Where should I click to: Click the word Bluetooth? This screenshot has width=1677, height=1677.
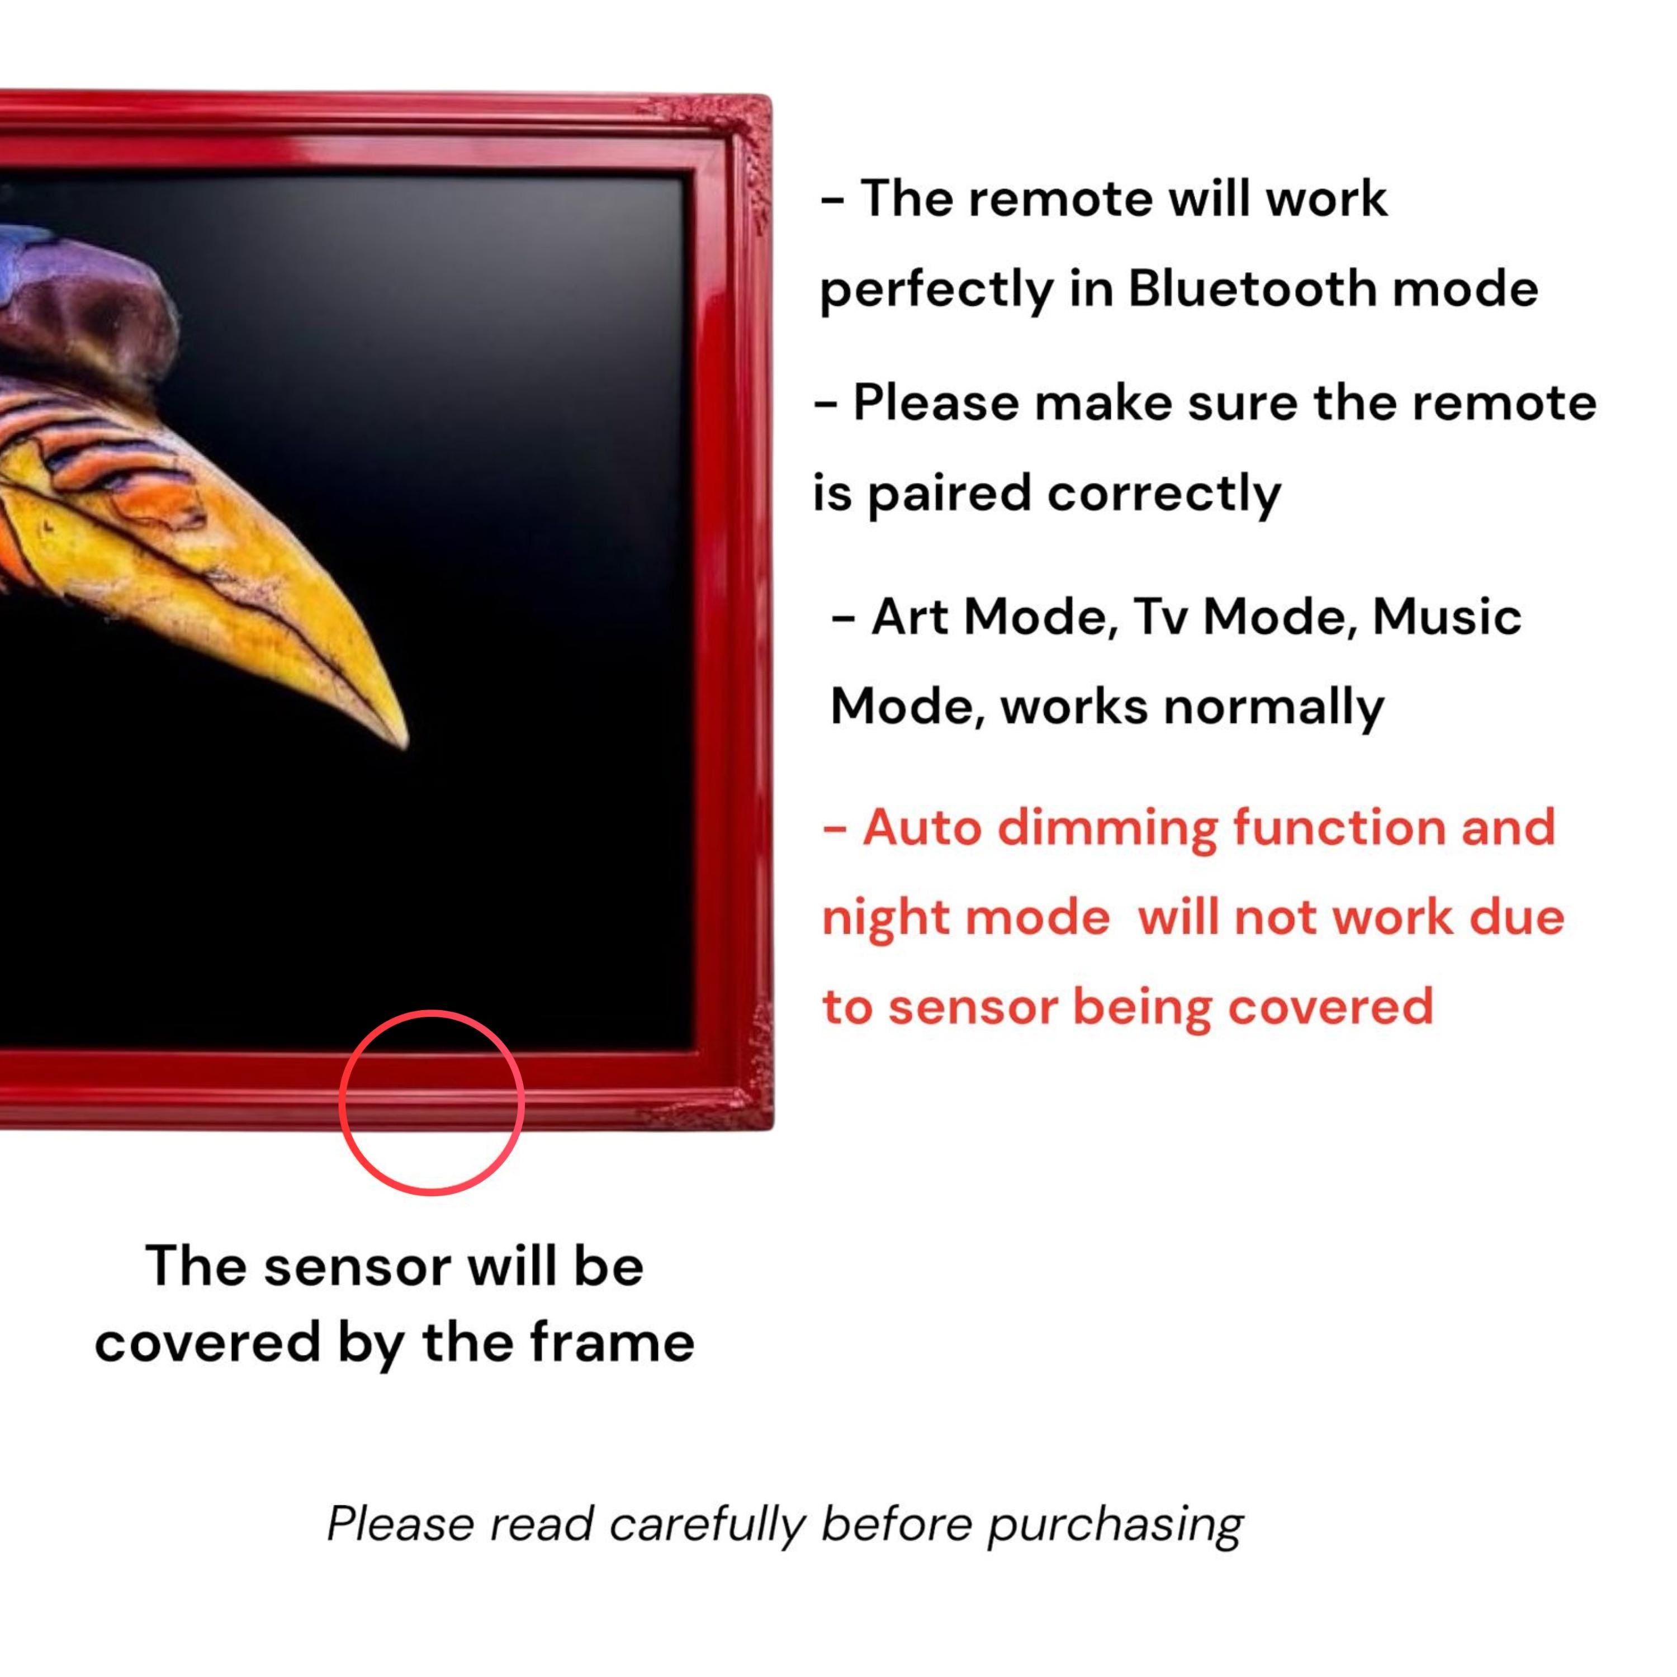[x=1252, y=288]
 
